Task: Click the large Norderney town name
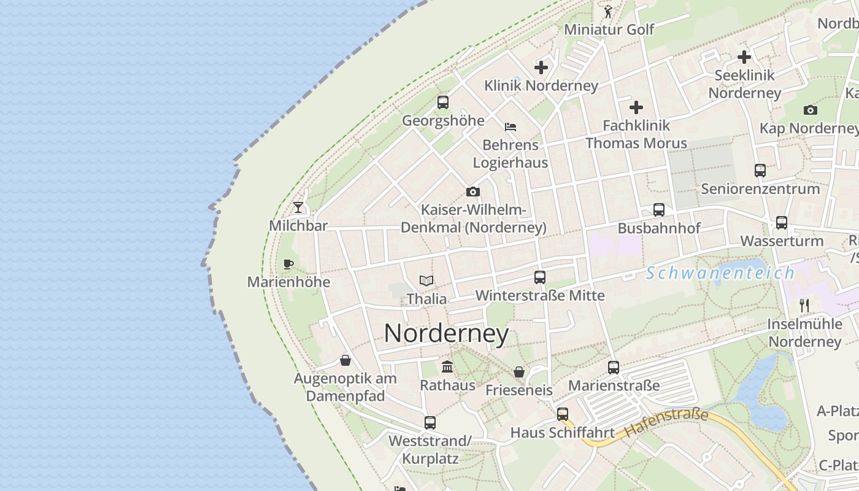tap(446, 333)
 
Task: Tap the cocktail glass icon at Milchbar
tap(298, 207)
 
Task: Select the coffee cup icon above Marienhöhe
tap(288, 265)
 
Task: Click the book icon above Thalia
tap(426, 281)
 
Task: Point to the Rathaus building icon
tap(447, 367)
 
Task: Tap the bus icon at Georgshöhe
tap(443, 102)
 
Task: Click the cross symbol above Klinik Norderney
tap(541, 68)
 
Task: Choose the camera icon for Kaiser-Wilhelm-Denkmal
tap(472, 191)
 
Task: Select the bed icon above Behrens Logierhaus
tap(510, 127)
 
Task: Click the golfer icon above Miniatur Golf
tap(608, 11)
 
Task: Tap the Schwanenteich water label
tap(720, 273)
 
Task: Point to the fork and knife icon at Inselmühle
tap(804, 305)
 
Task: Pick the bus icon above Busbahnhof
tap(659, 210)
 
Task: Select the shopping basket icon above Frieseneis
tap(519, 372)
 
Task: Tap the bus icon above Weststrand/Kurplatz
tap(430, 422)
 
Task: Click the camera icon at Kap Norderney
tap(811, 110)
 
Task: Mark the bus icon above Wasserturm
tap(782, 223)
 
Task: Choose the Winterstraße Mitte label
tap(540, 296)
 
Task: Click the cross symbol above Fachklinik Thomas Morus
tap(636, 107)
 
